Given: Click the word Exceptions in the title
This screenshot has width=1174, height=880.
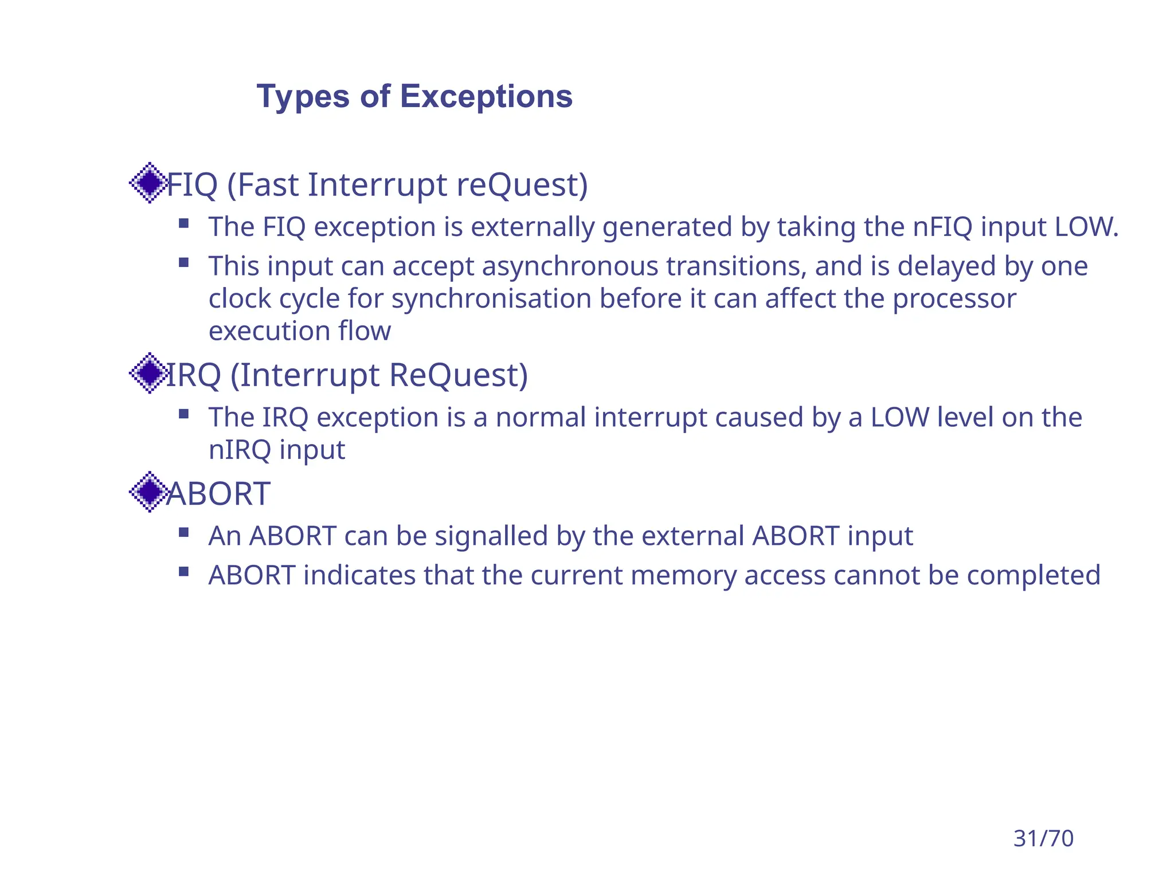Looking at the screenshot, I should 486,96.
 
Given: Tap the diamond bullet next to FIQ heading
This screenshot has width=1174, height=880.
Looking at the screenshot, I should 150,183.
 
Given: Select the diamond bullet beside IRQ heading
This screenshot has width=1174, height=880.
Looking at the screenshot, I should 150,373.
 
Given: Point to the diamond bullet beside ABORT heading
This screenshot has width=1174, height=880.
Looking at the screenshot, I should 150,492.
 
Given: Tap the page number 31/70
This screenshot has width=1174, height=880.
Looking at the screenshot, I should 1043,838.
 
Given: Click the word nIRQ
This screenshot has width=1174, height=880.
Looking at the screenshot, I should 239,450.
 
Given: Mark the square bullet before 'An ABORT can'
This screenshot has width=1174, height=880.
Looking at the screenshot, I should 183,533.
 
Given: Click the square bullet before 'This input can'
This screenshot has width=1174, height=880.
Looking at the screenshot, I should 183,263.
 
